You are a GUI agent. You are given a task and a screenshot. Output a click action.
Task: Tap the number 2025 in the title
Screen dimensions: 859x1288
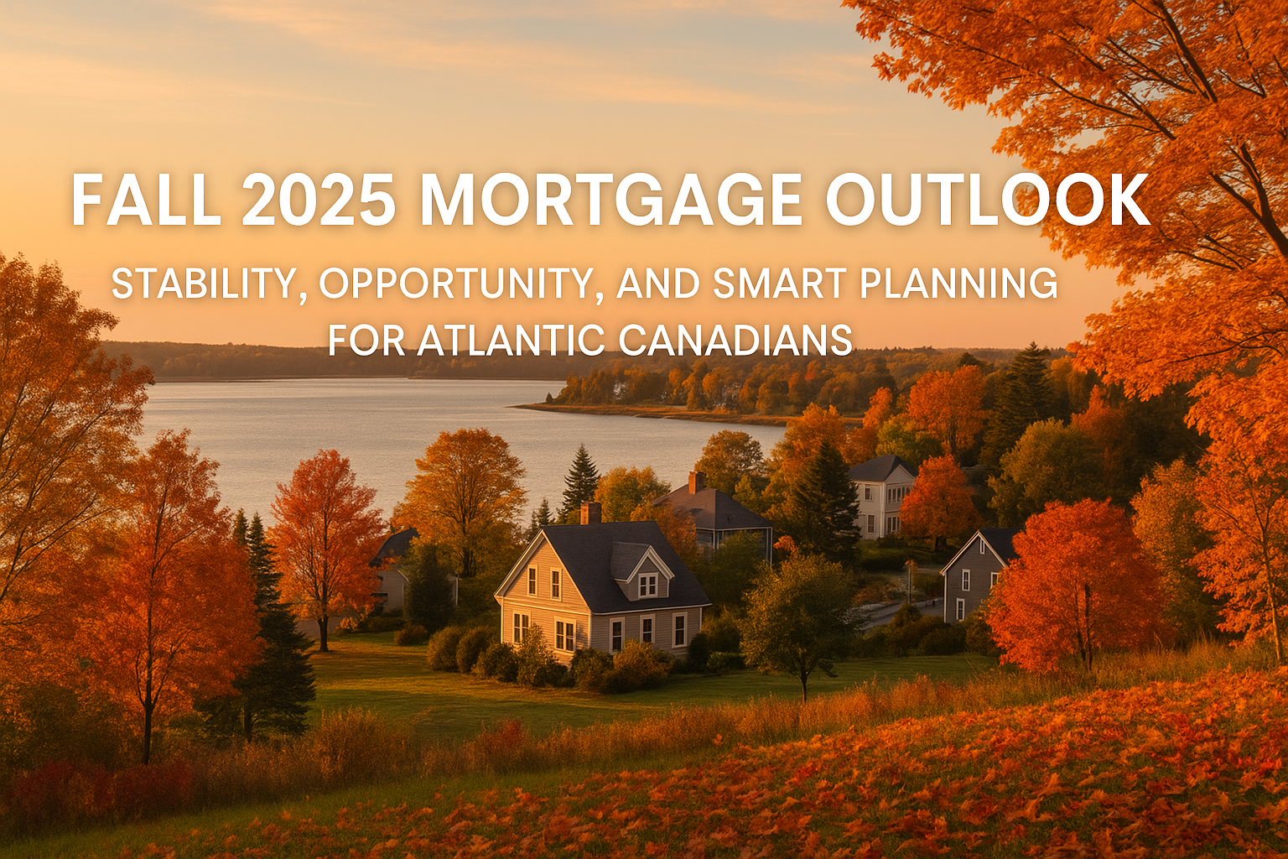(319, 200)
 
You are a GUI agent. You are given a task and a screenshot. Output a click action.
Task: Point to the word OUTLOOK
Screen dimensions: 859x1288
(987, 200)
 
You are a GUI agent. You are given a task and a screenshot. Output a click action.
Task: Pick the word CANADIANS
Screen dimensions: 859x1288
(735, 341)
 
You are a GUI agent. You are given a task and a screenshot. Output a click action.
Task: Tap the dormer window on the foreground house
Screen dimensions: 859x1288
(647, 584)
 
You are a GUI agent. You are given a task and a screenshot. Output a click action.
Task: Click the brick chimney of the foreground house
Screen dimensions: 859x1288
(590, 512)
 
